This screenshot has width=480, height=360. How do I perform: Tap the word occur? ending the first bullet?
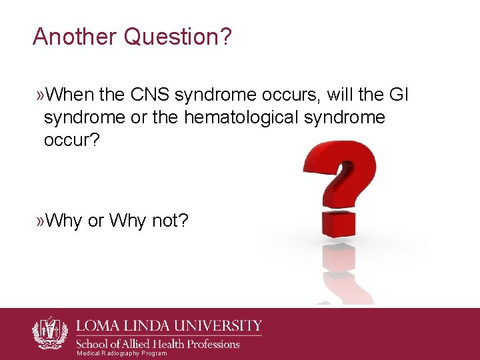72,141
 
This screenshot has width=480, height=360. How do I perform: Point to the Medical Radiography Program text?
122,353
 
